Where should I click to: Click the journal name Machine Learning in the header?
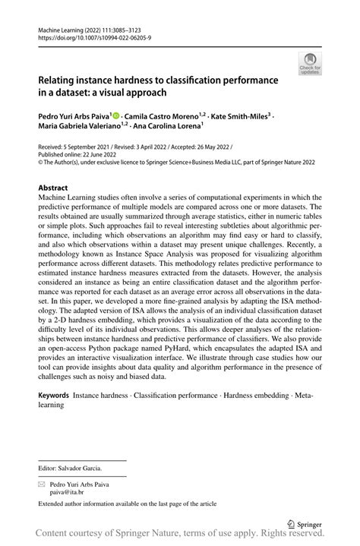61,27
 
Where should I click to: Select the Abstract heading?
56,187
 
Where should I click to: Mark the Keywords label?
54,396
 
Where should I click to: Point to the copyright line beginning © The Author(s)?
152,160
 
